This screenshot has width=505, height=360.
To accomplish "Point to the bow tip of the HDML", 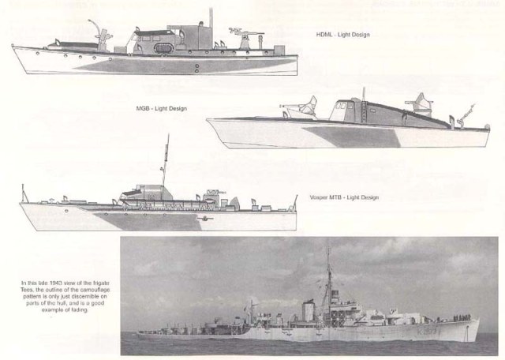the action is (x=13, y=48).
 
